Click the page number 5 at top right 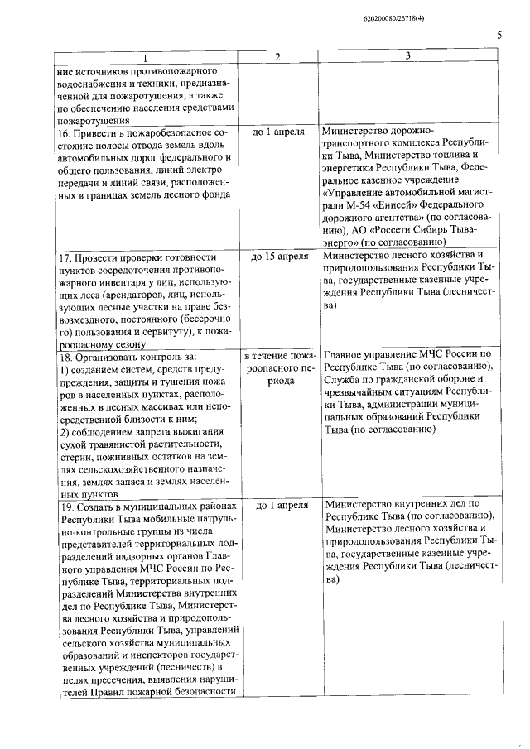(500, 35)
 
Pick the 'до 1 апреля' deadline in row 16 (278, 132)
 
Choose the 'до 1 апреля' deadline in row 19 (278, 504)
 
